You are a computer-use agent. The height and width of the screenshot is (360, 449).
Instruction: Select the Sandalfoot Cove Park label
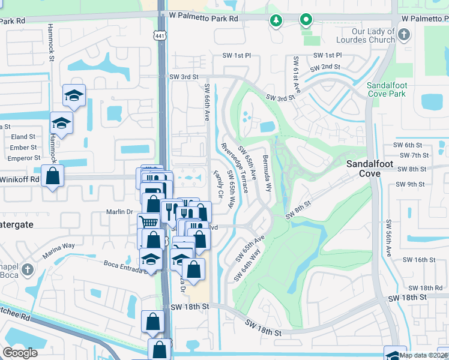[387, 90]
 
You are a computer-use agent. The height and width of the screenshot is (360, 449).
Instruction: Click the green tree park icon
[276, 21]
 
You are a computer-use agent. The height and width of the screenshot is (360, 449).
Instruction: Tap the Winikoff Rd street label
[20, 179]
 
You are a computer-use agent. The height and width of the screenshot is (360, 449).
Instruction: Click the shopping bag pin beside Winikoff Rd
[53, 176]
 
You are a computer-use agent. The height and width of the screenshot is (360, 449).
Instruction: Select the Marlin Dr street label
[120, 211]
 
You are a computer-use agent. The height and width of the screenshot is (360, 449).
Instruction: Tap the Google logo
[20, 352]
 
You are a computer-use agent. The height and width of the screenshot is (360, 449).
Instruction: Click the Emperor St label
[23, 158]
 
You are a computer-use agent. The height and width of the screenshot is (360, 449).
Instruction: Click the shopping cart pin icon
[148, 222]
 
